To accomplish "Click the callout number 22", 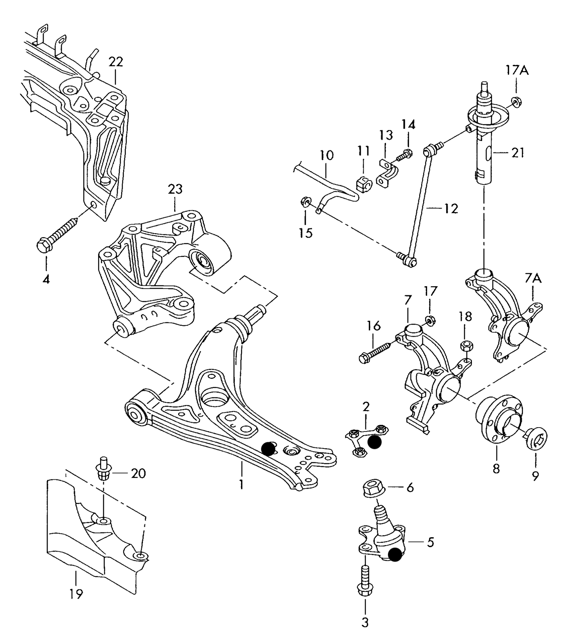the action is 116,62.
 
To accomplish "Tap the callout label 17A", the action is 517,71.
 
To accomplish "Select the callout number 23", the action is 175,189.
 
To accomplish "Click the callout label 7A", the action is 533,279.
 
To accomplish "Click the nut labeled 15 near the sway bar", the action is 305,202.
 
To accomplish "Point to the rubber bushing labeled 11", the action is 363,183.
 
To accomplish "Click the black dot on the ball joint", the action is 395,555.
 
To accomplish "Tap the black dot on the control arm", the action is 269,448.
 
